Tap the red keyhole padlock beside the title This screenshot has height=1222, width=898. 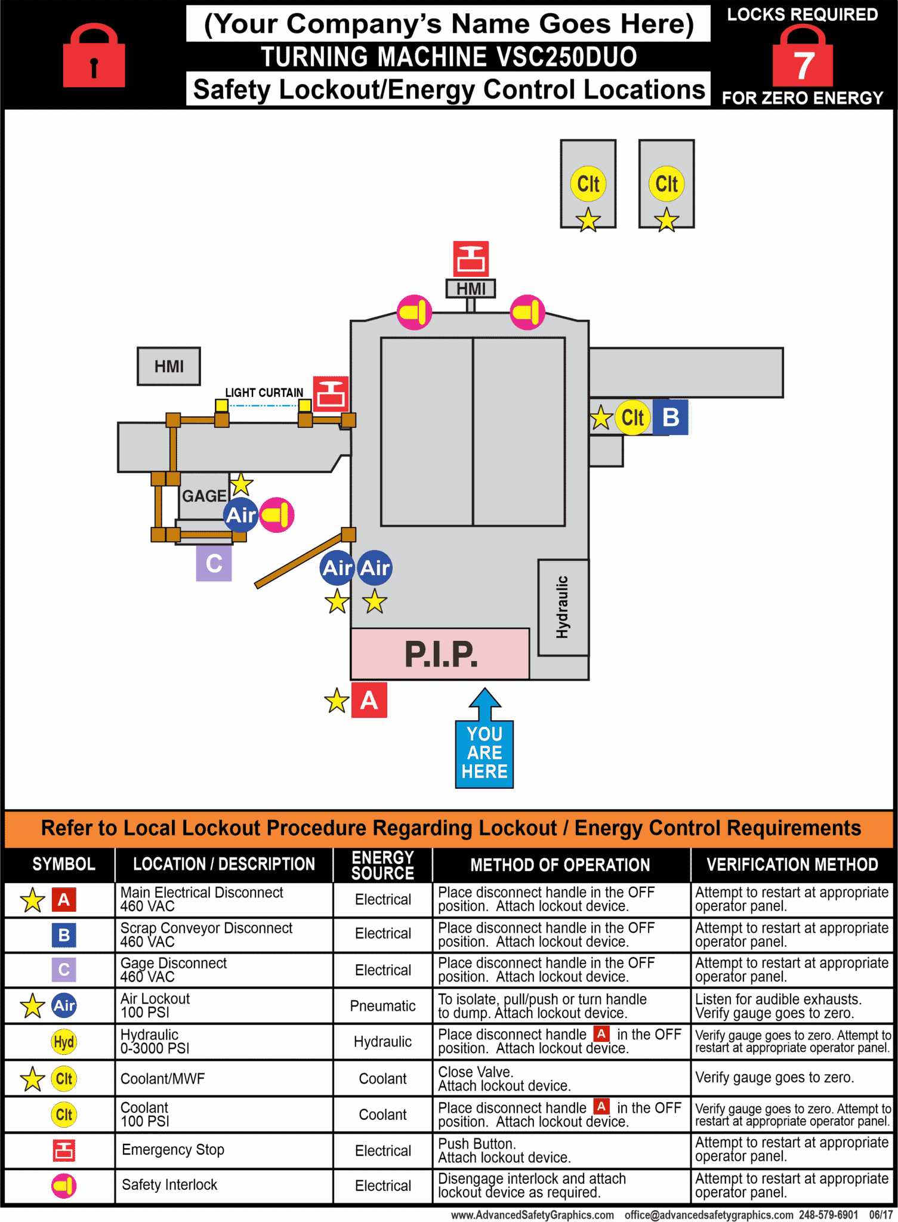click(94, 57)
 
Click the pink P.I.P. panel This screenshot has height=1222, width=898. click(440, 654)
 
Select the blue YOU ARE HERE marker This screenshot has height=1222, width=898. click(485, 752)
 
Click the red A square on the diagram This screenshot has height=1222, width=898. click(369, 700)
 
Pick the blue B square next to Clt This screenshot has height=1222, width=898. click(671, 417)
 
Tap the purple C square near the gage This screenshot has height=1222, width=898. click(214, 564)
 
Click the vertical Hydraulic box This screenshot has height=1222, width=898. click(563, 607)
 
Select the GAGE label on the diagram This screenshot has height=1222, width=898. click(204, 496)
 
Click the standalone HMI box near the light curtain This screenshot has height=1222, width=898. click(169, 366)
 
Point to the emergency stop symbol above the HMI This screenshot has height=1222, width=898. click(471, 259)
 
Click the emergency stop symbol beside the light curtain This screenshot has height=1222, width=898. click(331, 394)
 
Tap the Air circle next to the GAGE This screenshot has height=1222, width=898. click(241, 515)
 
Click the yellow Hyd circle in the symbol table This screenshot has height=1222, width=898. click(64, 1042)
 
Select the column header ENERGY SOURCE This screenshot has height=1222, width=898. click(382, 865)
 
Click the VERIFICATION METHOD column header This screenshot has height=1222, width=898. click(792, 865)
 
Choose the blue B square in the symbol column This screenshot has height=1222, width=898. click(64, 935)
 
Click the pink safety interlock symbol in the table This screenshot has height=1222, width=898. click(64, 1186)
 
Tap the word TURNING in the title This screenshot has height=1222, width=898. click(315, 57)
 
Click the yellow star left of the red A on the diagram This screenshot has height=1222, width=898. click(337, 701)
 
